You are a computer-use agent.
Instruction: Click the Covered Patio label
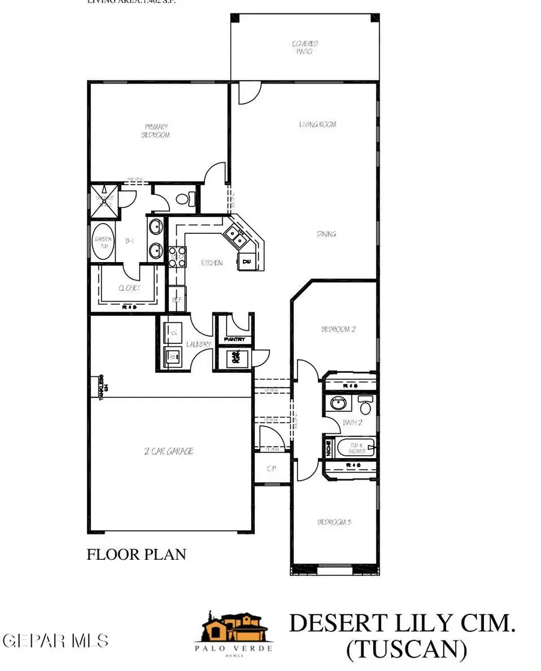pos(305,47)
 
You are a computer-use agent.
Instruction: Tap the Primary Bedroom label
pos(157,130)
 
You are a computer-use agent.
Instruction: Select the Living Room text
pos(317,124)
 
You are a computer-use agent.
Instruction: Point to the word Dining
pos(326,234)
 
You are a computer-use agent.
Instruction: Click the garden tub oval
pos(102,242)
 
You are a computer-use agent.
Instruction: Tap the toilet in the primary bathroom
pos(188,198)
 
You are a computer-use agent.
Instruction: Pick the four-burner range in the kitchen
pos(178,257)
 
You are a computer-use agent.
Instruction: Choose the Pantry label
pos(233,340)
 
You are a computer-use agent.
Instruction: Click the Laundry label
pos(199,345)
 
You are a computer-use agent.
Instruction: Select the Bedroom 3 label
pos(334,522)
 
